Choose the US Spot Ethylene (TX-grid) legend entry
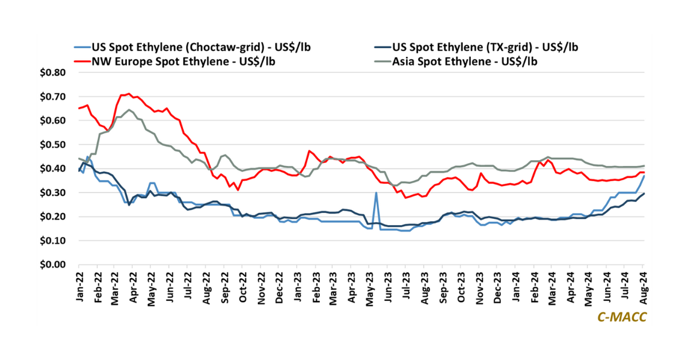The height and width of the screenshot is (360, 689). [483, 47]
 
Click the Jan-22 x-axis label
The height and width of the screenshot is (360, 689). [80, 287]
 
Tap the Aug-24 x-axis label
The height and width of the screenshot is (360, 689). [644, 287]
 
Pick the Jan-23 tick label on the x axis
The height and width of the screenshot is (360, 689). [298, 287]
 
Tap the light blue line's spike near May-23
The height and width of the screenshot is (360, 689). [376, 193]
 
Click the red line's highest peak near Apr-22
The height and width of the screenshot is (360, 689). [129, 94]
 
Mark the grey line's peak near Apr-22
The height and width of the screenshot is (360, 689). [129, 110]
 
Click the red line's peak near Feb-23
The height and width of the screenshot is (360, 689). [309, 151]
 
